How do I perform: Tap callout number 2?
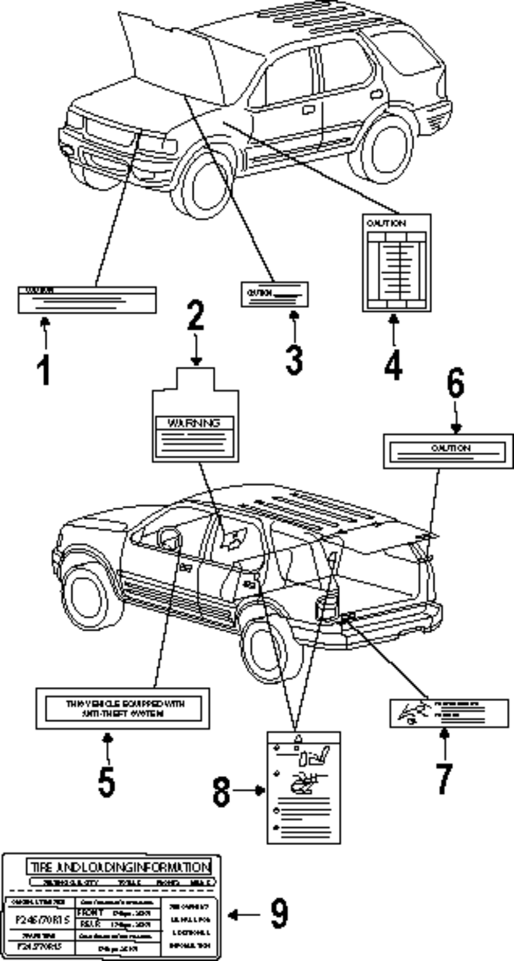(195, 315)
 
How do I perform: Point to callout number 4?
(393, 366)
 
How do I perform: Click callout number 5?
(106, 781)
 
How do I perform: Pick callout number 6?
(455, 383)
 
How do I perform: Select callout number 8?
(222, 791)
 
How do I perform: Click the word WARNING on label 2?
(194, 423)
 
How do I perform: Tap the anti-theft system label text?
(123, 708)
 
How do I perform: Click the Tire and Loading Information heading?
(119, 867)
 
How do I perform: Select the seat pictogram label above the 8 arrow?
(303, 787)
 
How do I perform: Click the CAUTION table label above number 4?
(396, 263)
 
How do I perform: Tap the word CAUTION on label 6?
(451, 448)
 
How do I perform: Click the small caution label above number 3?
(275, 294)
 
